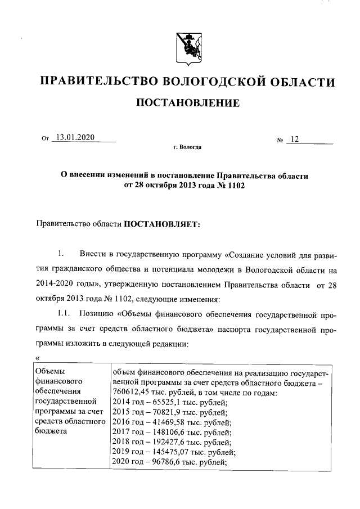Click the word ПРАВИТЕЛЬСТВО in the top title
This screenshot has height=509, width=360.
94,82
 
